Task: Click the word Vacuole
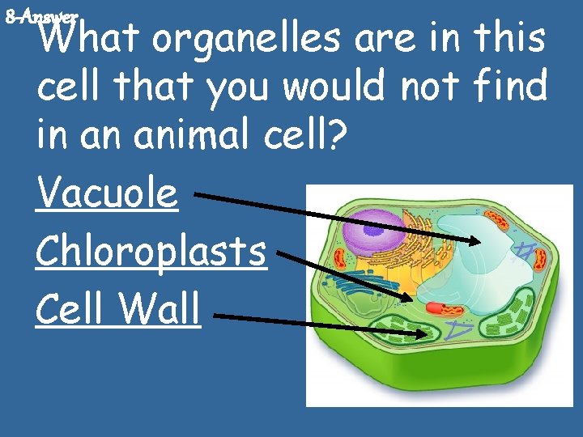[x=106, y=194]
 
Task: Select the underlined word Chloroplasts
[x=151, y=252]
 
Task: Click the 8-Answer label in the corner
[x=40, y=15]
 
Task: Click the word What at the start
[x=87, y=40]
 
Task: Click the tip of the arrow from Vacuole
[x=479, y=240]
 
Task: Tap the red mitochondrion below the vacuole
[x=441, y=309]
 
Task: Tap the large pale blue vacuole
[x=470, y=267]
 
